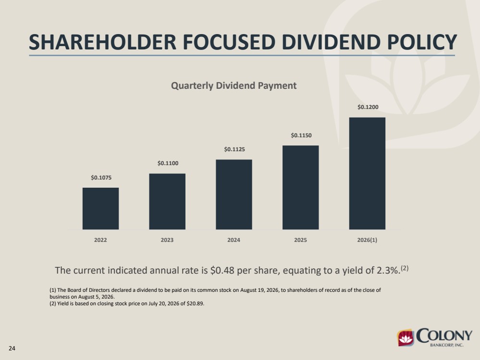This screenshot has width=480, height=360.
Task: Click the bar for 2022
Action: coord(101,209)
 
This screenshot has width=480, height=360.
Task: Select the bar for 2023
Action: coord(167,202)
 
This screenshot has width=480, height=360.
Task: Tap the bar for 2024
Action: coord(234,194)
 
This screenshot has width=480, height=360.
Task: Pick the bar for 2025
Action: coord(301,188)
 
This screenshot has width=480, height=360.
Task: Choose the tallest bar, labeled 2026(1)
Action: coord(368,173)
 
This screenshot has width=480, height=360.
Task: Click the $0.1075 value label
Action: coord(101,178)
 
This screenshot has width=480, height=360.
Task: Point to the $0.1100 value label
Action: coord(168,163)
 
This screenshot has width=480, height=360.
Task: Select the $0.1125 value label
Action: coord(234,149)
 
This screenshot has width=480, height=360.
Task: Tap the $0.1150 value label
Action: coord(301,135)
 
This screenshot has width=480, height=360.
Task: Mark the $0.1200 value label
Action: coord(368,107)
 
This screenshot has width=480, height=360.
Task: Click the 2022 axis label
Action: coord(100,240)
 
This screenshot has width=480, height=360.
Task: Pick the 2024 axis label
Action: coord(234,240)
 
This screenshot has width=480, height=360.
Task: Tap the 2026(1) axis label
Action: coord(367,240)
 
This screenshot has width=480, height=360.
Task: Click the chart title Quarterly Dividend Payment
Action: coord(234,85)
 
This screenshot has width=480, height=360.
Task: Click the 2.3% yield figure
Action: coord(389,270)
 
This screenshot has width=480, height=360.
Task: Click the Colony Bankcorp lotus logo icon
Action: coord(406,338)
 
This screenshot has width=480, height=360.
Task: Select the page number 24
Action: coord(12,348)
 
